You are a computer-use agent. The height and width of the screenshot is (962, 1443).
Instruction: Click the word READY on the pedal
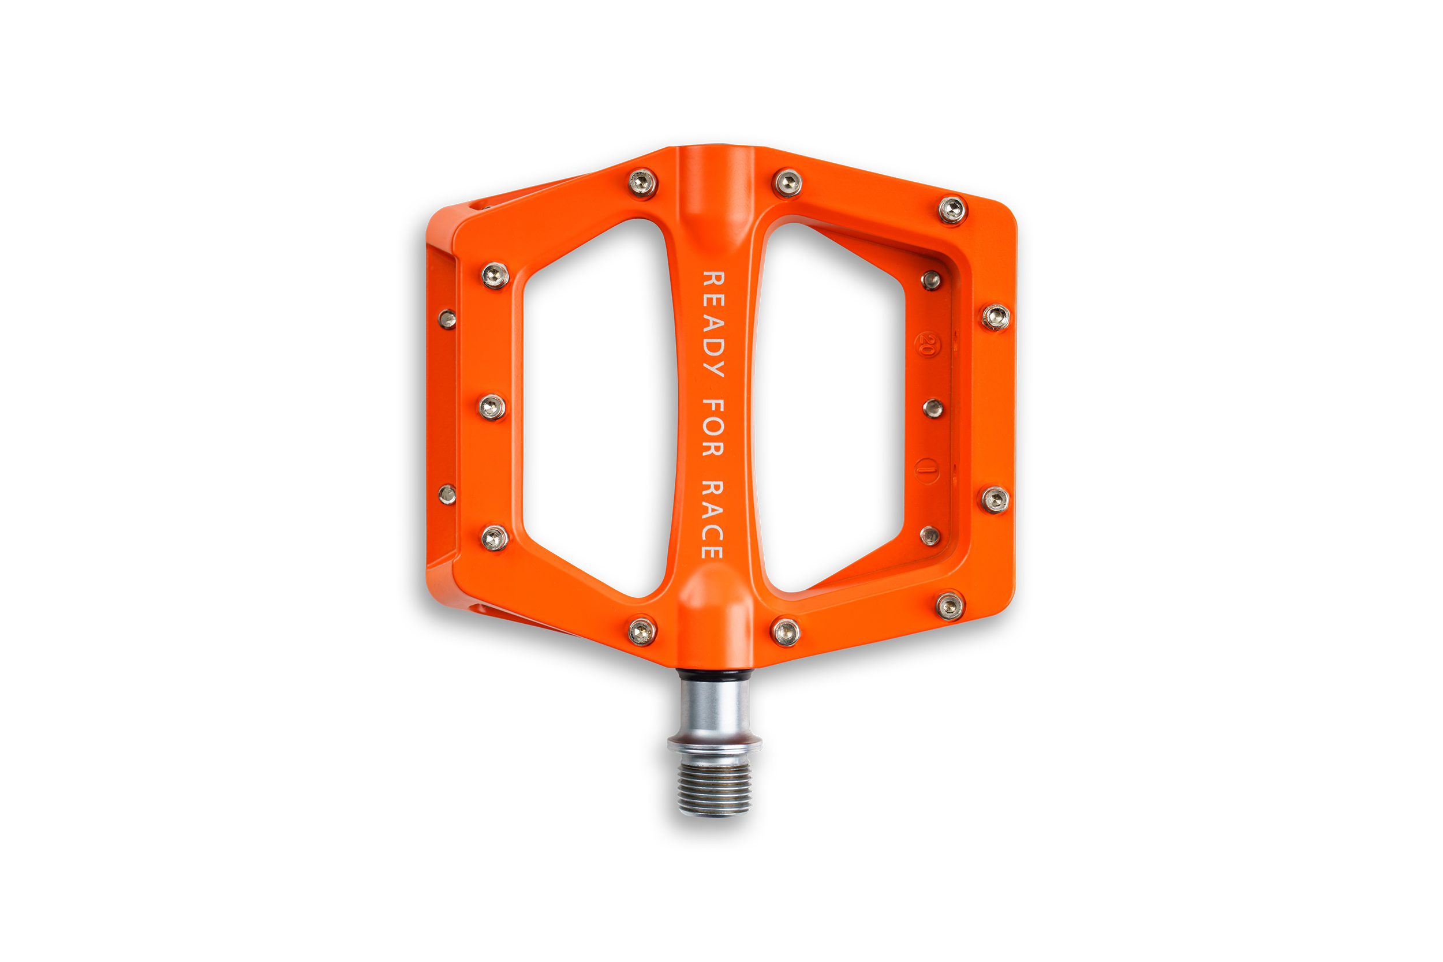click(713, 323)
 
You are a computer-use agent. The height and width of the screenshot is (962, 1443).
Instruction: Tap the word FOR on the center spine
click(713, 428)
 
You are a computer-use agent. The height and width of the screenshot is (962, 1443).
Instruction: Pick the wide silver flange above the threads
click(715, 745)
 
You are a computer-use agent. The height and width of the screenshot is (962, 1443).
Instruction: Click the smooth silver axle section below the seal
click(715, 709)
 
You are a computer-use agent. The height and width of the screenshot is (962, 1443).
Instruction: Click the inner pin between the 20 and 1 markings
click(933, 408)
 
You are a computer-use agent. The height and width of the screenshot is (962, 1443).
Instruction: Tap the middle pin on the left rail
click(492, 407)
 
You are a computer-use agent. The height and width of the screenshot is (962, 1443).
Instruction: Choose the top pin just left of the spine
click(642, 182)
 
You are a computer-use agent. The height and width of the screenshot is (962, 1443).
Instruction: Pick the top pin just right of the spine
click(787, 182)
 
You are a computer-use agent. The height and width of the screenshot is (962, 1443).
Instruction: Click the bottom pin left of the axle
click(642, 631)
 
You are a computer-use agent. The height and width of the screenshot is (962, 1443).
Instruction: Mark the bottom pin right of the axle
click(786, 632)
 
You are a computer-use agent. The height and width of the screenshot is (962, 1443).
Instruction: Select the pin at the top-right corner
click(952, 211)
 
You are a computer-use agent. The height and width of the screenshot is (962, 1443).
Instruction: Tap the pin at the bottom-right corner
click(949, 607)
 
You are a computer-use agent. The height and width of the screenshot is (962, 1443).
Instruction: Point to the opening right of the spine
click(828, 408)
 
